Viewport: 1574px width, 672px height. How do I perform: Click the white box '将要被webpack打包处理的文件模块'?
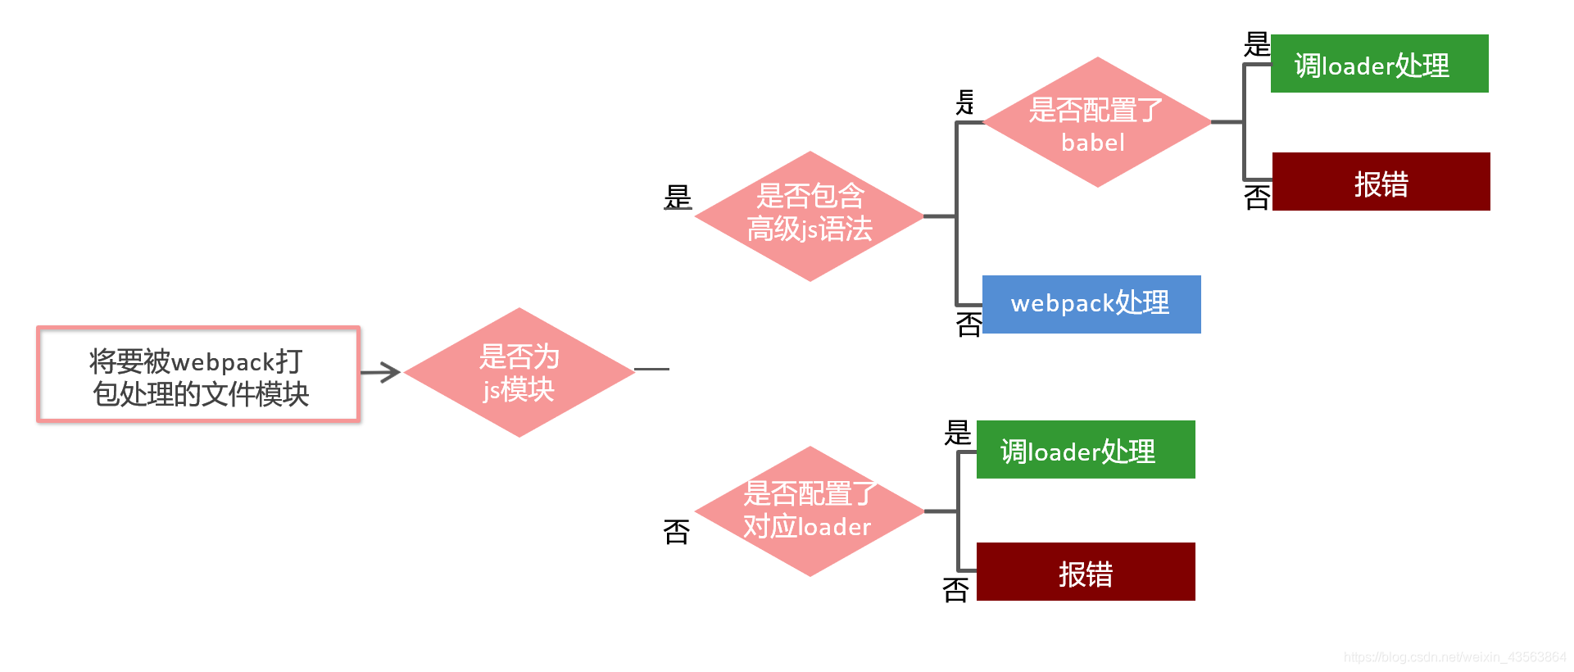[198, 375]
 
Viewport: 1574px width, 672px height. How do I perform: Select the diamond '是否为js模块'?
[519, 372]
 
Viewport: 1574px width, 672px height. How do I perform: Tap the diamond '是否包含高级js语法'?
[810, 216]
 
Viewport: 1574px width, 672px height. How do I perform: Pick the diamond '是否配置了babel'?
[1096, 122]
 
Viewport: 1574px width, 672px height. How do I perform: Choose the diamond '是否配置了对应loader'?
[810, 511]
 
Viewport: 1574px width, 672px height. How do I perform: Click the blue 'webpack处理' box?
[1091, 304]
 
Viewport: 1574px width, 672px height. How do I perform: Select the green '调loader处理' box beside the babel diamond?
[1379, 64]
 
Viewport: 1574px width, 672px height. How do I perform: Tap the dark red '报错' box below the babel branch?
[1381, 182]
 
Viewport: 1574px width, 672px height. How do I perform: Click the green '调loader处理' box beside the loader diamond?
[1086, 450]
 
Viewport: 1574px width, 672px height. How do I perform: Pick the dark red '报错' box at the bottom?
[1086, 572]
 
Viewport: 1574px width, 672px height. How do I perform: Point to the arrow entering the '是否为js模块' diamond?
[381, 373]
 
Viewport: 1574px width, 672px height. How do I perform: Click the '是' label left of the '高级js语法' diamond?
[678, 198]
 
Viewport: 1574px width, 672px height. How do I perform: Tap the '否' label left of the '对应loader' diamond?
[677, 532]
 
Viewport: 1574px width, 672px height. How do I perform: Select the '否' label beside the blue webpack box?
[968, 325]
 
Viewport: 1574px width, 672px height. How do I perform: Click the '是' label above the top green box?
[1256, 44]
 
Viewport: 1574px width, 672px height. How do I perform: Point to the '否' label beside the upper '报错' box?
[1257, 198]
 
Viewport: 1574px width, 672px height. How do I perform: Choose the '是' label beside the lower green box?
[957, 433]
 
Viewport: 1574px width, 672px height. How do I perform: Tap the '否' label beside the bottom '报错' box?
[955, 589]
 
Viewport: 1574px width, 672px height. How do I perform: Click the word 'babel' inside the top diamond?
[1093, 143]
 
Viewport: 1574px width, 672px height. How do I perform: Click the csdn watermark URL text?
[1454, 657]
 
